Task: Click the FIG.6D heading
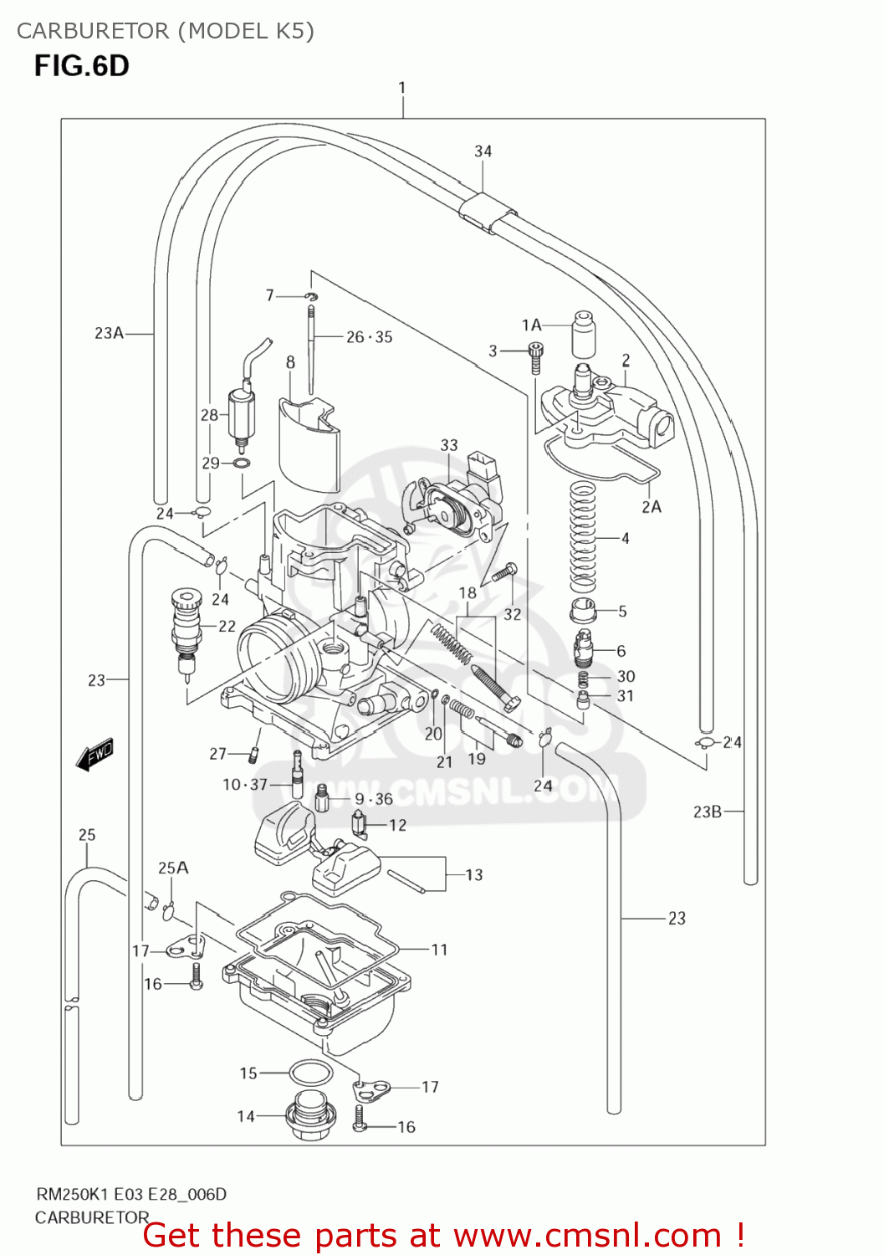[x=81, y=66]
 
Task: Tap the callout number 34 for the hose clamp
[x=483, y=151]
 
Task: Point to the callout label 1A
[x=531, y=325]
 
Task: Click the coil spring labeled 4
[x=582, y=538]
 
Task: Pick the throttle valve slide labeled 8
[x=309, y=444]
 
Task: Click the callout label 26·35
[x=369, y=337]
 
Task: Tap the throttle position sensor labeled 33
[x=452, y=502]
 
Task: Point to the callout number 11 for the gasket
[x=439, y=950]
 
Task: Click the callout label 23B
[x=707, y=811]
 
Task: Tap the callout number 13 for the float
[x=473, y=875]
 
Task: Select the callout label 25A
[x=173, y=868]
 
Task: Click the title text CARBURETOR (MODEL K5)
[x=166, y=31]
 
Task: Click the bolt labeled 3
[x=535, y=358]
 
